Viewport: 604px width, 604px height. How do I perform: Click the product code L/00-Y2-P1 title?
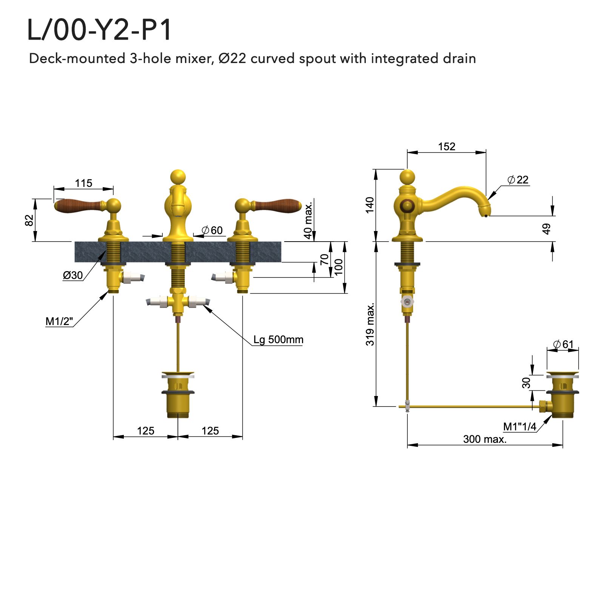[99, 30]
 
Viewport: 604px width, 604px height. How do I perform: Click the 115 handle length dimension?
[83, 183]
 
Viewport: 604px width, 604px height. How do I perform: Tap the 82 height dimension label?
[29, 220]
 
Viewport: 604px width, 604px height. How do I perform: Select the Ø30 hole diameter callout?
[72, 275]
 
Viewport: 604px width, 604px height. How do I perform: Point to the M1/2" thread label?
[59, 321]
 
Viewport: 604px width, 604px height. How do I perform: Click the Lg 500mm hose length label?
[278, 339]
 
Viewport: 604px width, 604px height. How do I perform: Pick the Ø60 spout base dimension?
[212, 230]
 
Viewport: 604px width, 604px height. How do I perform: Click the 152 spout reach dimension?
[447, 146]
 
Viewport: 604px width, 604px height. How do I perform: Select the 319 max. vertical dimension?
[370, 324]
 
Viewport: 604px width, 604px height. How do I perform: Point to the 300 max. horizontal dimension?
[485, 439]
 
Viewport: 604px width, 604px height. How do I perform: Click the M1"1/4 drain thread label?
[520, 427]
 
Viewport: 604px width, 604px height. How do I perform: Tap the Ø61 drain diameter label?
[563, 344]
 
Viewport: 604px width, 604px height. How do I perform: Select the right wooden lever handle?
[277, 206]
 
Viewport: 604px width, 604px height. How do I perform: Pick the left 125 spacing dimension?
[146, 431]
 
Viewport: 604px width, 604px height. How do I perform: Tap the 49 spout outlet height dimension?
[546, 229]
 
